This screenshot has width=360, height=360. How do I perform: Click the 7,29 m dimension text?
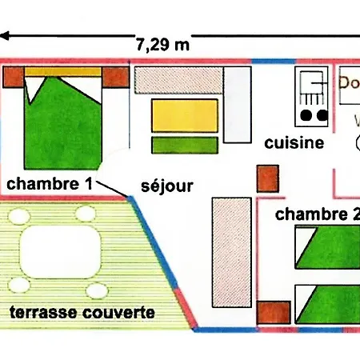pyautogui.click(x=163, y=43)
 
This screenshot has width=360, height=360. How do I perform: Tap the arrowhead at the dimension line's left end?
pyautogui.click(x=6, y=35)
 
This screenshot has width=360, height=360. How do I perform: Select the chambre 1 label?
pyautogui.click(x=48, y=184)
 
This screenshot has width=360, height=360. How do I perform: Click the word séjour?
pyautogui.click(x=166, y=186)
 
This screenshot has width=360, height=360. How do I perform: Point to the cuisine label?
pyautogui.click(x=294, y=144)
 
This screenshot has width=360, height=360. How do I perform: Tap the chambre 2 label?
pyautogui.click(x=317, y=214)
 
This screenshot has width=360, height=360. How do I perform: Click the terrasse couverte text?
pyautogui.click(x=82, y=312)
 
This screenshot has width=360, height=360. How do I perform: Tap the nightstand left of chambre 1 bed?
pyautogui.click(x=13, y=78)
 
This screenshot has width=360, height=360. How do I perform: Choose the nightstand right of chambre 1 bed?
pyautogui.click(x=116, y=78)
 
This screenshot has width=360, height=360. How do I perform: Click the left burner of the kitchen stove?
pyautogui.click(x=305, y=116)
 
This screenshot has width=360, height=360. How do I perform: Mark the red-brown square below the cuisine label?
pyautogui.click(x=266, y=178)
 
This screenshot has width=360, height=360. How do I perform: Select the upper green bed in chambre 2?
pyautogui.click(x=328, y=248)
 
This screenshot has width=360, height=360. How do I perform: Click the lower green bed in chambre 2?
pyautogui.click(x=328, y=302)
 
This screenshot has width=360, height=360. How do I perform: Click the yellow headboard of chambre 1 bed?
pyautogui.click(x=63, y=72)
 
